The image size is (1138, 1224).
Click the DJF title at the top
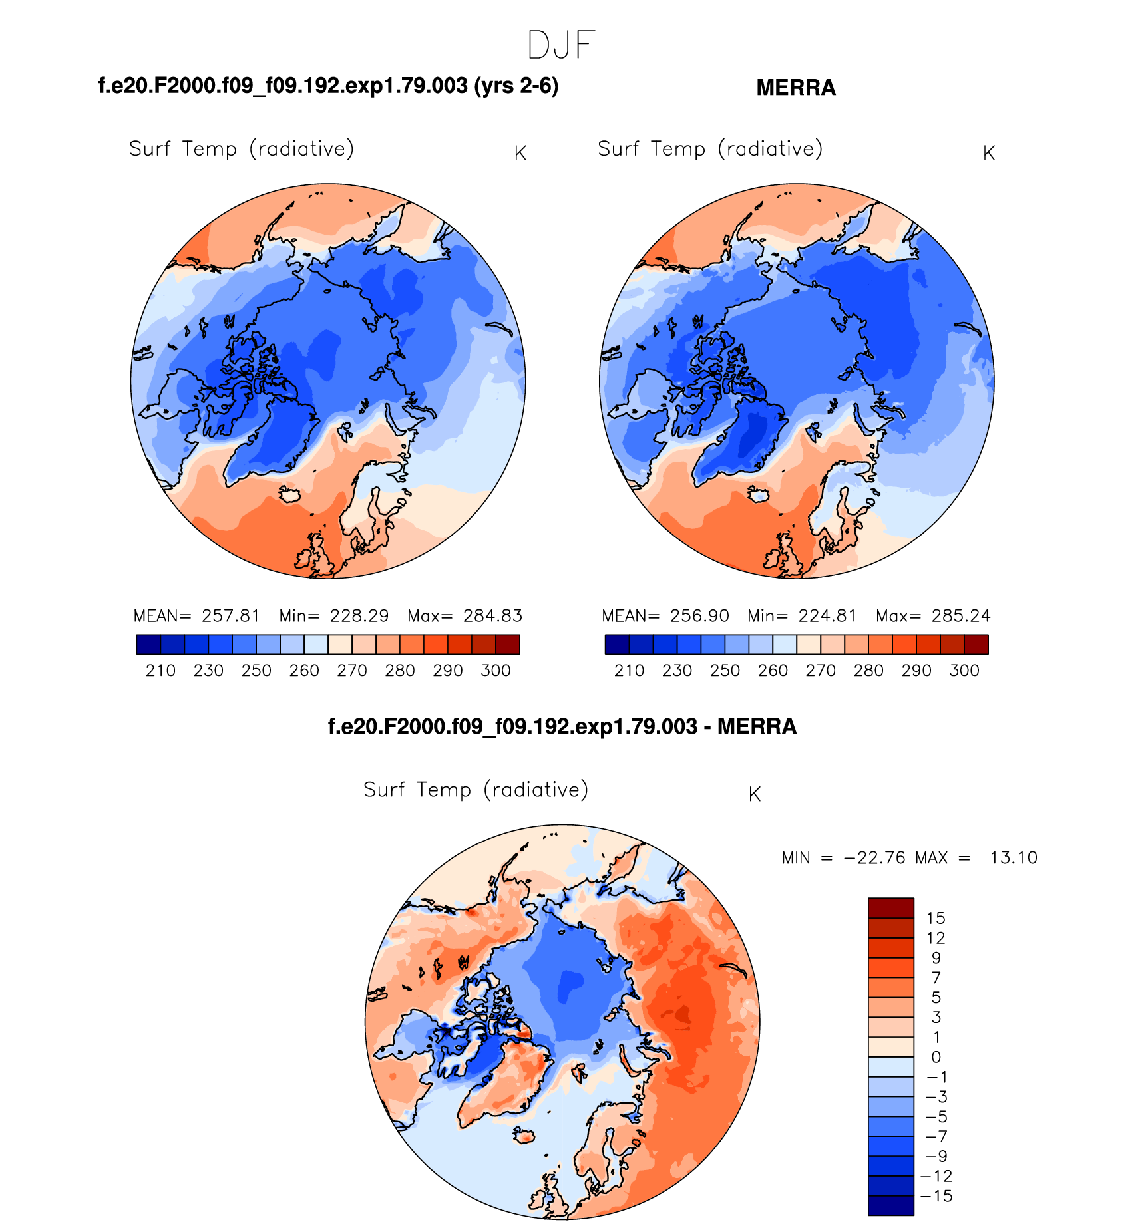coord(561,46)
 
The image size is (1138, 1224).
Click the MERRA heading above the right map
coord(796,88)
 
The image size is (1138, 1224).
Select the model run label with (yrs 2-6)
coord(328,86)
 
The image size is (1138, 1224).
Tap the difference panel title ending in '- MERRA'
coord(562,726)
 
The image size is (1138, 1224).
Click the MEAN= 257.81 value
coord(197,616)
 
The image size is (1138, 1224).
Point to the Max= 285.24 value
coord(933,616)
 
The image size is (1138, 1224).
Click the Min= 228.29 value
coord(334,616)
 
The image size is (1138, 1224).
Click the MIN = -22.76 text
coord(843,857)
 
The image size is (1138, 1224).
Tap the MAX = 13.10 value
coord(976,857)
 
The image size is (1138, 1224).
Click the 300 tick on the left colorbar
coord(496,671)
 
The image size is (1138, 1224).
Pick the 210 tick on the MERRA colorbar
coord(629,671)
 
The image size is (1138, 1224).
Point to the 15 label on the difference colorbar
coord(936,918)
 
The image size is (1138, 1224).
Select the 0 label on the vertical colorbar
coord(936,1057)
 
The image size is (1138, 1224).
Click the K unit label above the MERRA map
coord(989,154)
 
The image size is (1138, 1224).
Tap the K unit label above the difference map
coord(755,794)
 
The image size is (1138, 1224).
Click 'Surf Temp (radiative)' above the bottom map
coord(476,790)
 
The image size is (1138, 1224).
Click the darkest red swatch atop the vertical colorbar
coord(890,908)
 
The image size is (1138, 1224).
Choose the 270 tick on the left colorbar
coord(352,671)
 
